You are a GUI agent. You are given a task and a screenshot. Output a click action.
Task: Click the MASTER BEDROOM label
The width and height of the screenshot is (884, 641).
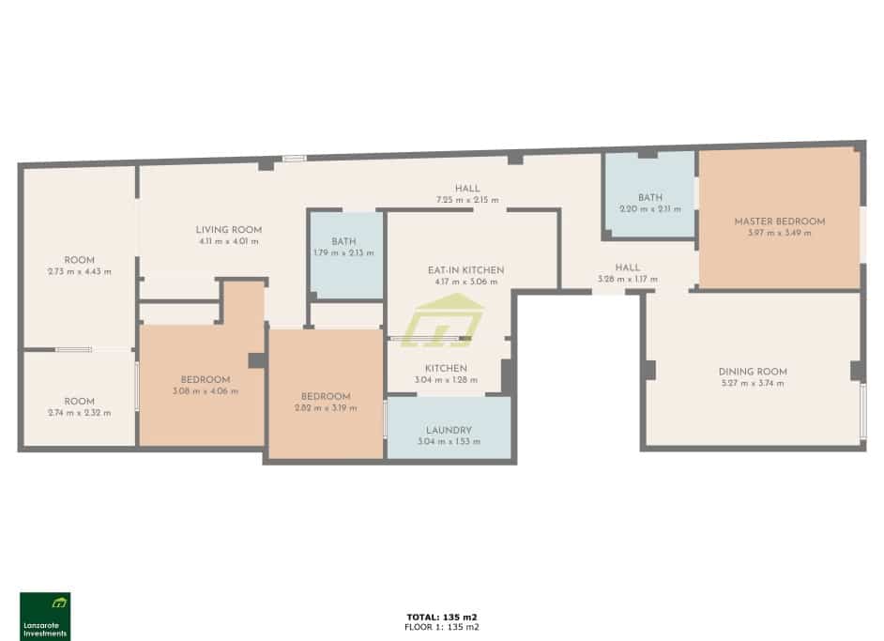click(779, 221)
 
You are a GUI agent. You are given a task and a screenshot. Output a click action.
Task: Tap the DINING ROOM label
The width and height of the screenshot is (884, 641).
click(752, 372)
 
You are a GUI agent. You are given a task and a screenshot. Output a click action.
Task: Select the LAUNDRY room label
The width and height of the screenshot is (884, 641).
click(448, 430)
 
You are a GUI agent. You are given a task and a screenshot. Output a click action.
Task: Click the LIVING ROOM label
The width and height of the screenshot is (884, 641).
click(228, 230)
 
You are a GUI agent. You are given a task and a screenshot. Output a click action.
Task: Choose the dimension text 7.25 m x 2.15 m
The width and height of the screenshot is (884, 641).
click(466, 200)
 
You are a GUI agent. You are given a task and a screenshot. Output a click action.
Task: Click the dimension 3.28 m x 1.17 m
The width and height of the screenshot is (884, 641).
click(627, 279)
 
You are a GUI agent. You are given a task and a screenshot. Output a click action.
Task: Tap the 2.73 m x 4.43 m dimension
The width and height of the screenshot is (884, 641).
click(79, 271)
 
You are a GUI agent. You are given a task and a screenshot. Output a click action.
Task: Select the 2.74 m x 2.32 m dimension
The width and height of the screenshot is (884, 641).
click(79, 413)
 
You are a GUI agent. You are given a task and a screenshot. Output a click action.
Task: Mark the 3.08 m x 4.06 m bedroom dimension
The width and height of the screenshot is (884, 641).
click(205, 391)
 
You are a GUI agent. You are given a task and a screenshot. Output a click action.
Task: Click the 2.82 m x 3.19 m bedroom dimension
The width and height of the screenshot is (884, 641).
click(325, 407)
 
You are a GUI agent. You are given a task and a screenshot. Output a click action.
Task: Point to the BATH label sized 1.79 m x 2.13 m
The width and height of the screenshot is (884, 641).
click(343, 242)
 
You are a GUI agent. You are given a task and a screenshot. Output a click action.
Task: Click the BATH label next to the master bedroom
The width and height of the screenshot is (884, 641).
click(649, 197)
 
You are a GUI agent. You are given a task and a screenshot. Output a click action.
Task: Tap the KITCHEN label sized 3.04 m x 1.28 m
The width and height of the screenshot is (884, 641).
click(446, 369)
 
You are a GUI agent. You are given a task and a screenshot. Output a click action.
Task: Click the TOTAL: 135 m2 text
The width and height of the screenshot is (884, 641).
click(441, 617)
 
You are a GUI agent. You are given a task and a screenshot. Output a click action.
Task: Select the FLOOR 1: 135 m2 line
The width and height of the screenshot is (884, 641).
click(441, 627)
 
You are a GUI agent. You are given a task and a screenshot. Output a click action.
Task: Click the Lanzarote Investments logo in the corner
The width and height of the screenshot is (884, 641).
click(45, 616)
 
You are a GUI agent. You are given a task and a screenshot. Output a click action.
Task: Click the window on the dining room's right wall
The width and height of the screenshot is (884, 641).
click(862, 410)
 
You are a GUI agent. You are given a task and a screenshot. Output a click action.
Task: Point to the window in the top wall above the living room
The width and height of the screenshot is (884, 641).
click(295, 159)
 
